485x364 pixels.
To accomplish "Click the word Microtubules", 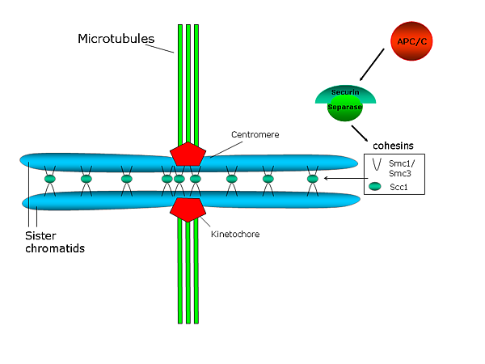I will pos(112,39).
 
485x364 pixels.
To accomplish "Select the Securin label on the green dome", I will pos(345,94).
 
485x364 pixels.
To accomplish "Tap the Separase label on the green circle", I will pos(345,107).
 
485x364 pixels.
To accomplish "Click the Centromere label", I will pos(255,134).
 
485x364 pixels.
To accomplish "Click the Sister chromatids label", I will pos(53,242).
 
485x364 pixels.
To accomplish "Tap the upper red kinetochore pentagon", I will pos(187,154).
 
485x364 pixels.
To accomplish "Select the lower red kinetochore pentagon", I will pos(187,208).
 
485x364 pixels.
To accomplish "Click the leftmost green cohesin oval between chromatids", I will pos(49,178).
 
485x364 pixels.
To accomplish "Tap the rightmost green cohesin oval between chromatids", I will pos(313,178).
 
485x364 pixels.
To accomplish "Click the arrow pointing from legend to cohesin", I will pos(344,178).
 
